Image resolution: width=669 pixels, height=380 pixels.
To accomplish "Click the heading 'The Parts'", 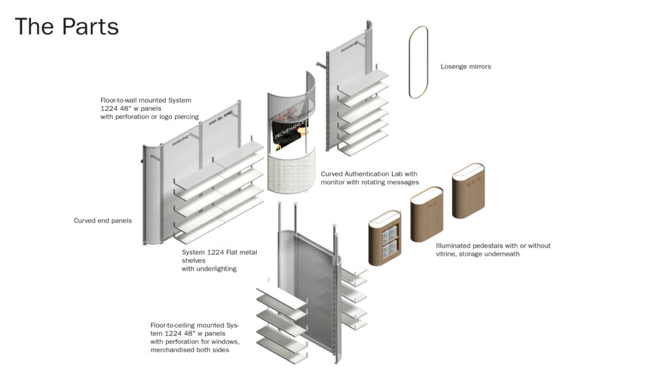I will (67, 27).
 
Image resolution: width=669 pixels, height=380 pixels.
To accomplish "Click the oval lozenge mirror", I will (418, 62).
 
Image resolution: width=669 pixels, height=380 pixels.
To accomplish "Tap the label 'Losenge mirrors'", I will (465, 67).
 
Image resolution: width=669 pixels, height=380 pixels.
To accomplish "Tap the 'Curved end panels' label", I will (103, 221).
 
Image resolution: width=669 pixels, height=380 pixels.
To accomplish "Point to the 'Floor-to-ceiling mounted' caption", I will (195, 338).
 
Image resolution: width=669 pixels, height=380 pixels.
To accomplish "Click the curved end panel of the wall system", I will (152, 196).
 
